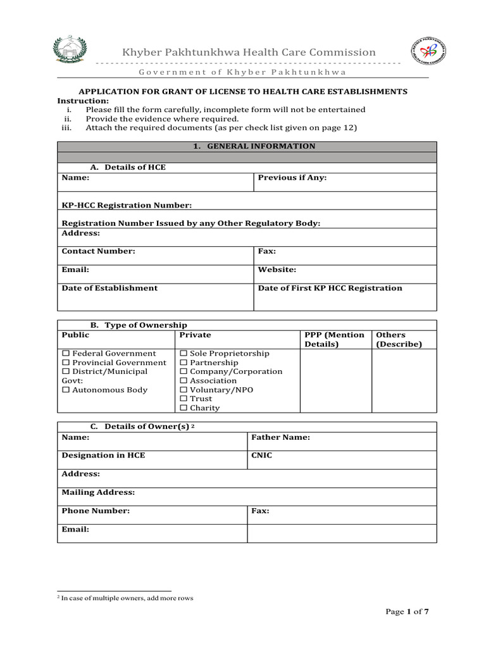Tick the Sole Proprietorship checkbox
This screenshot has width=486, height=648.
(184, 354)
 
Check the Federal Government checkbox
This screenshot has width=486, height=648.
(65, 354)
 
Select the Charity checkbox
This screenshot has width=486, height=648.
(184, 408)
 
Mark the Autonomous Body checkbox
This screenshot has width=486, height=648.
(65, 390)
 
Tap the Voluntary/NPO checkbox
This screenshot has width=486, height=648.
(184, 390)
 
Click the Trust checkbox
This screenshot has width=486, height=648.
(184, 399)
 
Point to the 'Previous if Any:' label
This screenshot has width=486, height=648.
(292, 178)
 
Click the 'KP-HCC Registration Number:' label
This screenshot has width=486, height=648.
(127, 206)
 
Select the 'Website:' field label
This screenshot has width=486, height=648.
(277, 270)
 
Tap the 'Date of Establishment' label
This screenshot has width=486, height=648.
(109, 288)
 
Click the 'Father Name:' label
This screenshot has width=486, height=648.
(280, 437)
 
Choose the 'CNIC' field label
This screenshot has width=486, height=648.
(262, 456)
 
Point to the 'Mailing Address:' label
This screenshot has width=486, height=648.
(98, 492)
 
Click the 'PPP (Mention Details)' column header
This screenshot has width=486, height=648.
(335, 340)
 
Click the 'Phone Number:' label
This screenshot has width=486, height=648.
(96, 511)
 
